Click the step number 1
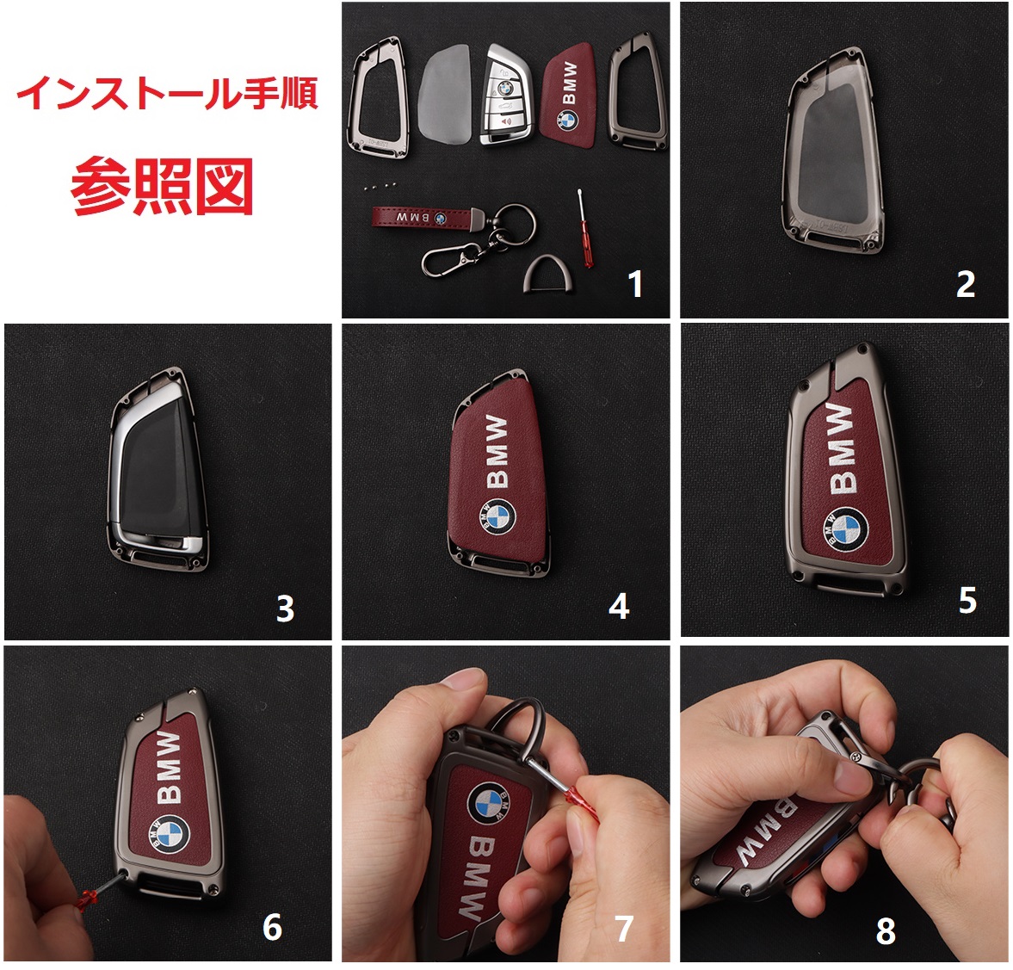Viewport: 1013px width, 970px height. pyautogui.click(x=636, y=284)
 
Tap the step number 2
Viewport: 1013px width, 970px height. pyautogui.click(x=965, y=284)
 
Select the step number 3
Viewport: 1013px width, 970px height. pyautogui.click(x=285, y=609)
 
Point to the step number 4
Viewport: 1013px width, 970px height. pyautogui.click(x=618, y=606)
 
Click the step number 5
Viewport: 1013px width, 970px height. pyautogui.click(x=967, y=601)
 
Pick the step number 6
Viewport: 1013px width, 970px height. pyautogui.click(x=272, y=927)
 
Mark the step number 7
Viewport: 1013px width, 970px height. pyautogui.click(x=623, y=929)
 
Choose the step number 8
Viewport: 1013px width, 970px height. pyautogui.click(x=886, y=931)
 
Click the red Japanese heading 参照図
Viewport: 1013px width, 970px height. pyautogui.click(x=162, y=186)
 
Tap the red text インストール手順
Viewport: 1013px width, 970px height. pyautogui.click(x=167, y=93)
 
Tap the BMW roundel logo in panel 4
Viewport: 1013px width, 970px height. pyautogui.click(x=497, y=517)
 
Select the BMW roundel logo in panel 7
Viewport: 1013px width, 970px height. pyautogui.click(x=488, y=803)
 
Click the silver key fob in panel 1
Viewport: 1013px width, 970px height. pyautogui.click(x=506, y=95)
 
